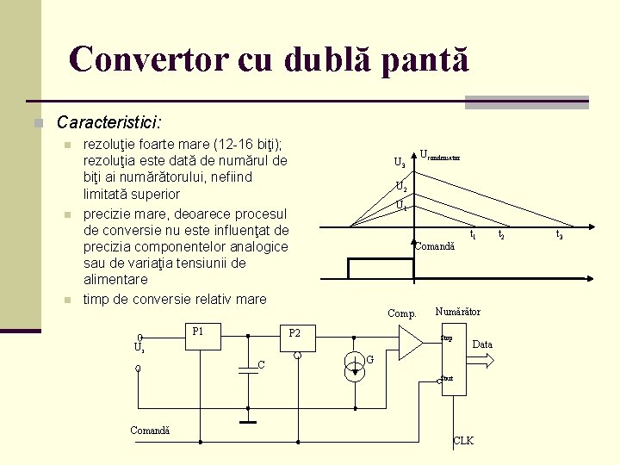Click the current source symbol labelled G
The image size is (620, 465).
pos(354,366)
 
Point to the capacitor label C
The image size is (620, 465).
pos(261,365)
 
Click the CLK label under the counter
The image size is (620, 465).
pos(463,441)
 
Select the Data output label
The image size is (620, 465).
pos(482,344)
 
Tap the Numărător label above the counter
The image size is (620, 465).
pos(458,312)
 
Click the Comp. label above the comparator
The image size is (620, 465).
pos(401,313)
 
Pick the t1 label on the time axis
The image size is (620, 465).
pos(473,234)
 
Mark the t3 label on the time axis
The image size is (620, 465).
pos(559,234)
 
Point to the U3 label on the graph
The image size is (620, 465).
pos(400,162)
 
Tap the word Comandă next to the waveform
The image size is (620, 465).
pos(435,247)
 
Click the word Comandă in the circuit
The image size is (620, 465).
pos(150,431)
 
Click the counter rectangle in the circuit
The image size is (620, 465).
pos(453,359)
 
